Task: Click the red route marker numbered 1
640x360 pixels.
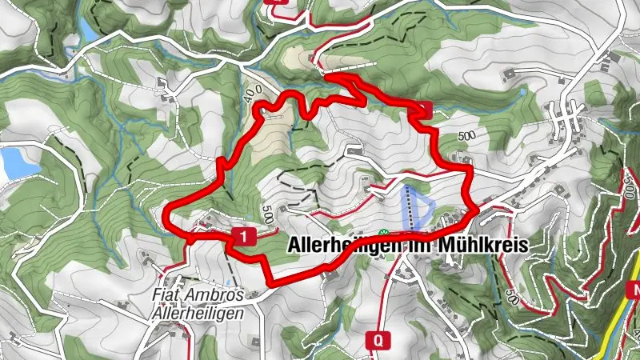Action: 242,235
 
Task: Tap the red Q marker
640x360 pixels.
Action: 378,339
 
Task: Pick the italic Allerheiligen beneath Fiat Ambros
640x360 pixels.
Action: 197,314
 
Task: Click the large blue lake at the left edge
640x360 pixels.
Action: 13,163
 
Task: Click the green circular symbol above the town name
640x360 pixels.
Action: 382,233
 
